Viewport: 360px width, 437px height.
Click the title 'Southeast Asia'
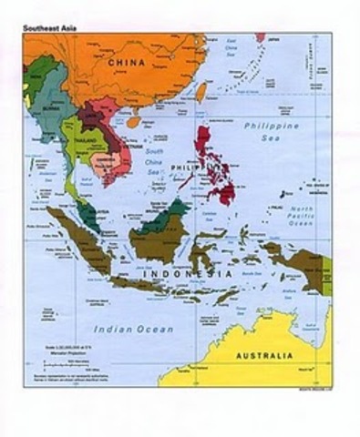point(49,27)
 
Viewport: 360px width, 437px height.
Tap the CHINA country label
point(128,63)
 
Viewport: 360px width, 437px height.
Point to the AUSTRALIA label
point(263,354)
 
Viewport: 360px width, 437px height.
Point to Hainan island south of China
point(134,120)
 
